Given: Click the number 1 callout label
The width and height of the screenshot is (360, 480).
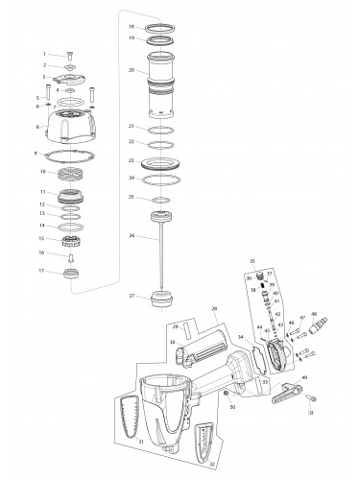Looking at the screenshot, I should (44, 53).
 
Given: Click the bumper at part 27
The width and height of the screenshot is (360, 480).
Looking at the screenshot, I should (159, 300).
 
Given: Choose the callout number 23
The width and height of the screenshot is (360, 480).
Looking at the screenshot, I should (131, 160).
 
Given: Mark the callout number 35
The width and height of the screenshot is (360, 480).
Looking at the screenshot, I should (252, 260).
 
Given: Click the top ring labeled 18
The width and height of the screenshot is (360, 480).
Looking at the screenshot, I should (159, 27).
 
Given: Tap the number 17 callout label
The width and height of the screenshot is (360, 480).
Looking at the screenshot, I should (39, 272).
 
